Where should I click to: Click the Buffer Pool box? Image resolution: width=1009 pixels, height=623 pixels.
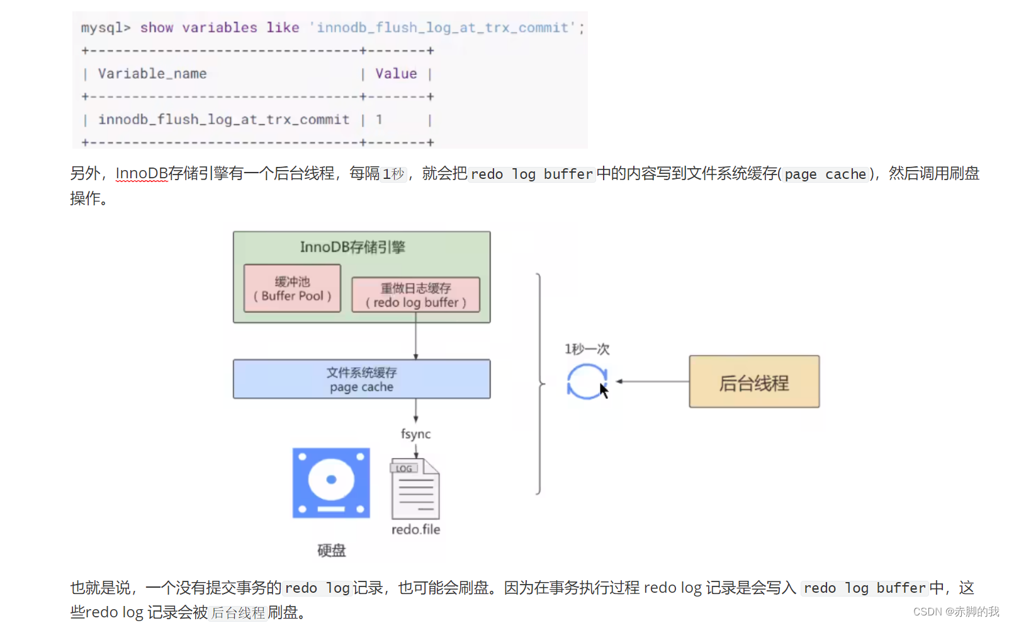[292, 289]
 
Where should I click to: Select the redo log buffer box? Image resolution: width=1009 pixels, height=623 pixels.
[415, 295]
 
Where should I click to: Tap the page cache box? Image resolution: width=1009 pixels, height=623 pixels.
[361, 379]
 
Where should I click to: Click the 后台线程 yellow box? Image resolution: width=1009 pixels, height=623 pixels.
[754, 382]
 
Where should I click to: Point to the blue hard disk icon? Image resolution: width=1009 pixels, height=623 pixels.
[331, 483]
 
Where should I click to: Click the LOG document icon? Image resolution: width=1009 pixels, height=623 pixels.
[415, 489]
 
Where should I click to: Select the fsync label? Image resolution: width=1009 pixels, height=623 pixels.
[415, 434]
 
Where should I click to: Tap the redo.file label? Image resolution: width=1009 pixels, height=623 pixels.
[415, 530]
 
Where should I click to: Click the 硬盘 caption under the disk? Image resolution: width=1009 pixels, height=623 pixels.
[331, 551]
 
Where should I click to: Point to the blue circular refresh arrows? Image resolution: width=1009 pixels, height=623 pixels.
[586, 382]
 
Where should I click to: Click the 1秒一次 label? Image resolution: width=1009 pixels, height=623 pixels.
[587, 349]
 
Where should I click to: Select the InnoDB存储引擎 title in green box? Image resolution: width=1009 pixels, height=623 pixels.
[352, 247]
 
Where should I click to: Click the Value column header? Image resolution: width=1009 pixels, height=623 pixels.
[396, 74]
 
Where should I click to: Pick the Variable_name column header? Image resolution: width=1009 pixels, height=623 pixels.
[152, 74]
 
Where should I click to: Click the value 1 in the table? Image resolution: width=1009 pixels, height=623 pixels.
[379, 120]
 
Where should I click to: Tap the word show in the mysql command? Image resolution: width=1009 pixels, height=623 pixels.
[156, 28]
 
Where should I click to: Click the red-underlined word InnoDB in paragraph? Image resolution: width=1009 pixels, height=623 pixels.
[142, 173]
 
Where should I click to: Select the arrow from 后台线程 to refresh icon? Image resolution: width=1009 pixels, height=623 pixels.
[651, 381]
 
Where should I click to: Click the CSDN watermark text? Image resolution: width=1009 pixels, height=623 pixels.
[955, 612]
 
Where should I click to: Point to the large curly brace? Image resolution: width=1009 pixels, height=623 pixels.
[539, 383]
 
